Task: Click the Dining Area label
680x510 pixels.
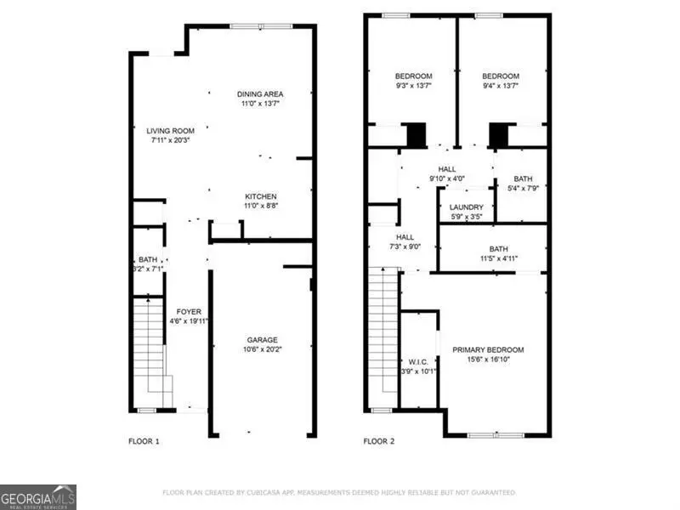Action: pos(261,93)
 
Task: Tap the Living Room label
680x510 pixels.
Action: pos(170,131)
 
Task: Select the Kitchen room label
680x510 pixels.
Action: pos(261,196)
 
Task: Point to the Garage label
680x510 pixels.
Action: pos(262,339)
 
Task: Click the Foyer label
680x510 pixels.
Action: pos(189,312)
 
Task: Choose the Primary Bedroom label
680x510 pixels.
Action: pos(487,349)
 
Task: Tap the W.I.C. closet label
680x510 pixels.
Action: pos(417,360)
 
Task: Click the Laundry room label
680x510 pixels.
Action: pos(466,207)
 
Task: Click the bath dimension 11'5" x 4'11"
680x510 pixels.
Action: pos(491,258)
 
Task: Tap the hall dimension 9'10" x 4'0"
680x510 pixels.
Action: pos(447,179)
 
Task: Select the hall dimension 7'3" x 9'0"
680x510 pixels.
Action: pos(404,247)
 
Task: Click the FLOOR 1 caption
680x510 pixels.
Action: pos(144,441)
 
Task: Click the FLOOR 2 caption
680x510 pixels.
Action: pos(380,441)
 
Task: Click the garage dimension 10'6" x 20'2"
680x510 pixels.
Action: pos(262,348)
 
